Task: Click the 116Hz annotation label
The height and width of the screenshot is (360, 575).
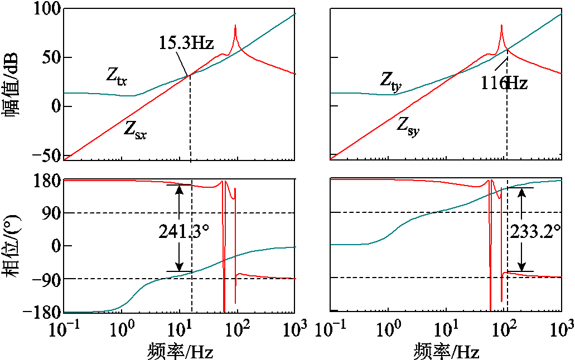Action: pyautogui.click(x=504, y=84)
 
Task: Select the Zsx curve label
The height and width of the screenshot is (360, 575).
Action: pyautogui.click(x=135, y=130)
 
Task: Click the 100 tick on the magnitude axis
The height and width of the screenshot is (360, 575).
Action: pyautogui.click(x=44, y=9)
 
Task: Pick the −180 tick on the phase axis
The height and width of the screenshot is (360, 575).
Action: pyautogui.click(x=40, y=313)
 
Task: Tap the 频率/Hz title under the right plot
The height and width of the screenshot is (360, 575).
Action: pyautogui.click(x=446, y=351)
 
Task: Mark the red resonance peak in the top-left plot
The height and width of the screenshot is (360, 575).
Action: pyautogui.click(x=235, y=26)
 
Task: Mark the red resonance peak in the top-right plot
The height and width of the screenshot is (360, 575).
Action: pyautogui.click(x=501, y=26)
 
